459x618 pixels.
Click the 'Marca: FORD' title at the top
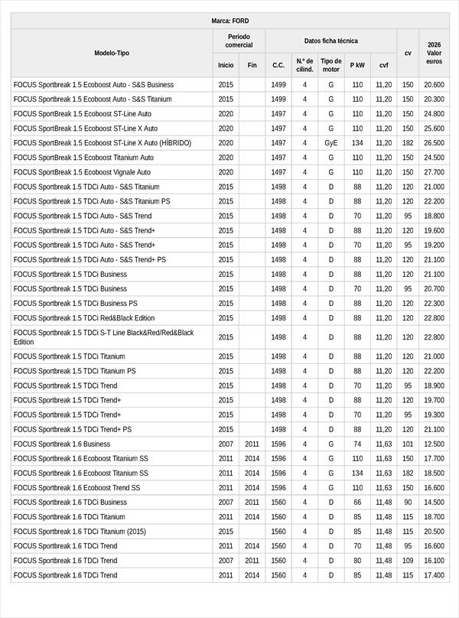click(x=229, y=21)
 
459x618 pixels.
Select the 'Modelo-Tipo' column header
click(x=112, y=53)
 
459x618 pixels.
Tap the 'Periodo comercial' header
click(x=239, y=41)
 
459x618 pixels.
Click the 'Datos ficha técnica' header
click(x=330, y=41)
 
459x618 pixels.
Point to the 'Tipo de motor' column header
click(x=331, y=65)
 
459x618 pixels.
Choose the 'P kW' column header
click(x=357, y=65)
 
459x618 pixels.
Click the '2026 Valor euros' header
click(x=434, y=53)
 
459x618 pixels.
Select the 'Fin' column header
click(x=252, y=65)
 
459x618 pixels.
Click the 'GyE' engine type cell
click(x=331, y=143)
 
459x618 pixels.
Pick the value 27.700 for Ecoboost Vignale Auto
click(x=434, y=172)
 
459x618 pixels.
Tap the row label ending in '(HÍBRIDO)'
click(x=102, y=143)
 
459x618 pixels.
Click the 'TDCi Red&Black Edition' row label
click(x=84, y=317)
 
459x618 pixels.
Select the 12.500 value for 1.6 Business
click(x=434, y=444)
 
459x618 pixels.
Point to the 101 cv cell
click(x=408, y=444)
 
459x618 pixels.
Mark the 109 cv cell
click(x=408, y=560)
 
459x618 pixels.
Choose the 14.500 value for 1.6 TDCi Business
click(x=434, y=502)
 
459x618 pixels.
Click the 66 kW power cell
click(x=357, y=502)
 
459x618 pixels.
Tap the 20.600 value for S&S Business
click(x=434, y=85)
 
